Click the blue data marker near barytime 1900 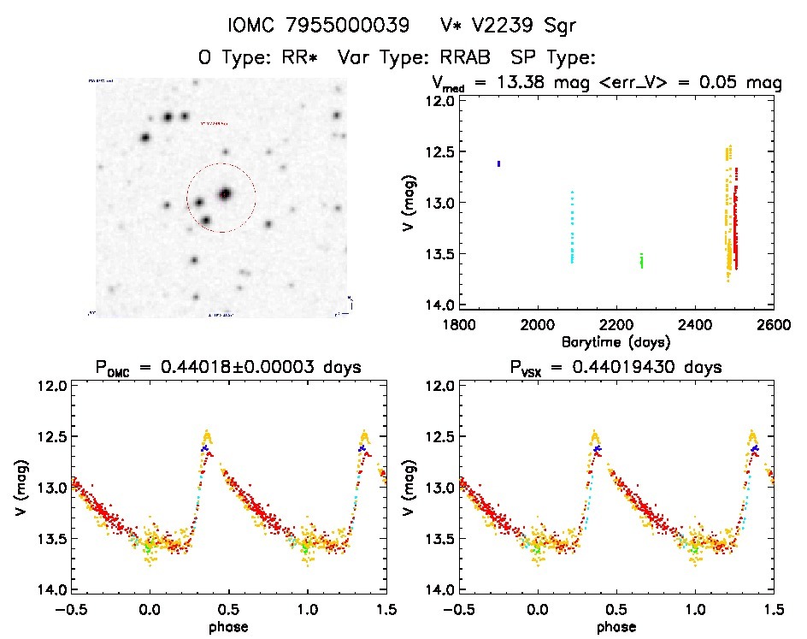[498, 163]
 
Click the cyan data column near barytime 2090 [572, 228]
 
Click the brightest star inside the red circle [226, 194]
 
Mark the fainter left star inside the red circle [199, 203]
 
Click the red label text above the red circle [215, 123]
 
